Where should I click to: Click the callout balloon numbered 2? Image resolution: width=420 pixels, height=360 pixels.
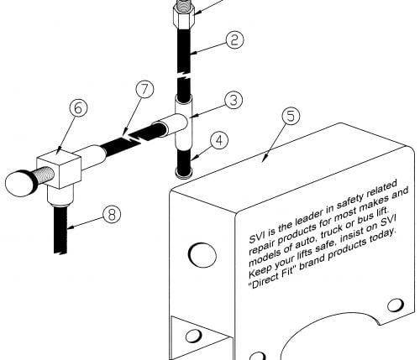pyautogui.click(x=234, y=39)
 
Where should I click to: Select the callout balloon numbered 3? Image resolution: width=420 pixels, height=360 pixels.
pyautogui.click(x=234, y=100)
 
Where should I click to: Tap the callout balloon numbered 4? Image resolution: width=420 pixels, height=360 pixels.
pyautogui.click(x=219, y=140)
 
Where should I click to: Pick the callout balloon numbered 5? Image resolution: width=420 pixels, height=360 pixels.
pyautogui.click(x=291, y=116)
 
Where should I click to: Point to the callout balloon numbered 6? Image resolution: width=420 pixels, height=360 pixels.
pyautogui.click(x=78, y=107)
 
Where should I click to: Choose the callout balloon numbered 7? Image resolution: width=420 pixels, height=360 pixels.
pyautogui.click(x=144, y=89)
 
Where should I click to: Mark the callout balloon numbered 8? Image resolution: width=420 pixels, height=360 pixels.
pyautogui.click(x=112, y=215)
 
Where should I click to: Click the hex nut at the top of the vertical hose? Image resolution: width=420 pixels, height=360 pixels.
pyautogui.click(x=183, y=15)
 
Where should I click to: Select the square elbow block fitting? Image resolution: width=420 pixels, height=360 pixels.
pyautogui.click(x=60, y=169)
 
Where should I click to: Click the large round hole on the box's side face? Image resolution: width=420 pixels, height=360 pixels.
pyautogui.click(x=202, y=255)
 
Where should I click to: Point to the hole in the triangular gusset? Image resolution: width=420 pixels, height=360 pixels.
pyautogui.click(x=194, y=335)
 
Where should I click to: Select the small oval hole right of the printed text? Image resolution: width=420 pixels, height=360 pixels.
pyautogui.click(x=396, y=305)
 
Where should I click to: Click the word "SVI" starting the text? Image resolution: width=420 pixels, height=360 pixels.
pyautogui.click(x=257, y=236)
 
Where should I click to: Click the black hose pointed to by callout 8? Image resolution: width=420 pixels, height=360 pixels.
pyautogui.click(x=60, y=229)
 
